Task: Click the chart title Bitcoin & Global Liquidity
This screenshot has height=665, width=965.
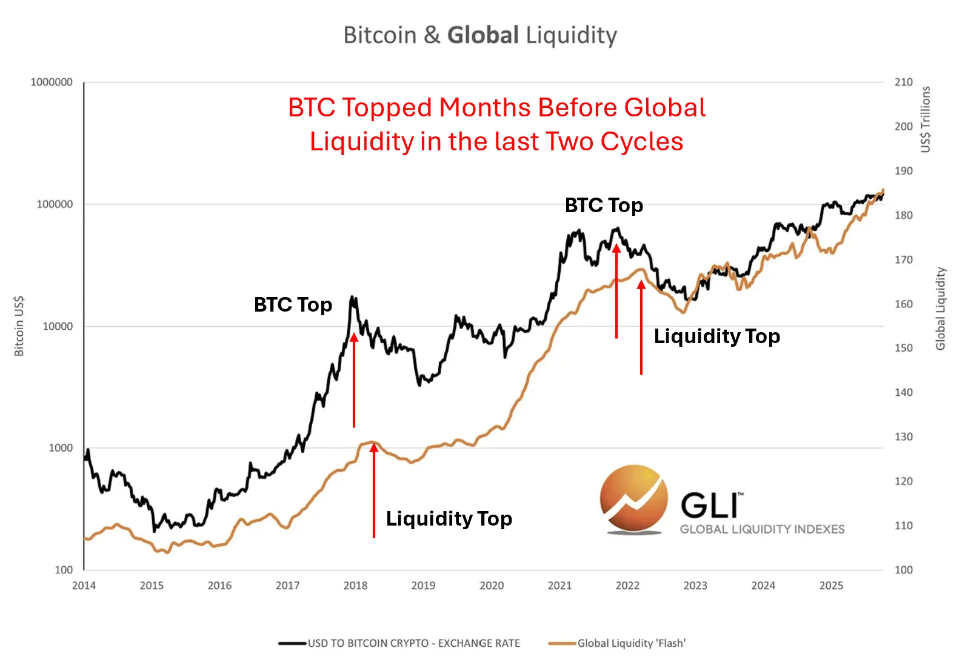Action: pyautogui.click(x=480, y=35)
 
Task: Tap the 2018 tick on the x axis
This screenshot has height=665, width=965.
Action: pyautogui.click(x=355, y=586)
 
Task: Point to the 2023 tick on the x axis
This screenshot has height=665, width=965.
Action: pyautogui.click(x=695, y=586)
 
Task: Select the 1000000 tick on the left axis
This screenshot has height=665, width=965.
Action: pyautogui.click(x=52, y=82)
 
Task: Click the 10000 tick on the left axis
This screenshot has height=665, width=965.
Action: pyautogui.click(x=58, y=326)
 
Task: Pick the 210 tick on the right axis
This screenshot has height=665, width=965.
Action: pyautogui.click(x=903, y=82)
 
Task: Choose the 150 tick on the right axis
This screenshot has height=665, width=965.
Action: pyautogui.click(x=903, y=348)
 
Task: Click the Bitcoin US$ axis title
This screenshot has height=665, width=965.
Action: pyautogui.click(x=19, y=326)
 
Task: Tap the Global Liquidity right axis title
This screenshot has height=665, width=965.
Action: pyautogui.click(x=940, y=309)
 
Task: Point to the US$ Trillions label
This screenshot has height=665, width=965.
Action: pyautogui.click(x=925, y=119)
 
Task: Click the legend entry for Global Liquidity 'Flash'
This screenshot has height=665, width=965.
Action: pyautogui.click(x=631, y=643)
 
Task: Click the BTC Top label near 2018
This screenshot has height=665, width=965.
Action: pyautogui.click(x=293, y=304)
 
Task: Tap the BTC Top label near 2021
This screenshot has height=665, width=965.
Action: pyautogui.click(x=604, y=206)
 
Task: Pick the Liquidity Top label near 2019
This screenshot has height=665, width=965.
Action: pyautogui.click(x=449, y=518)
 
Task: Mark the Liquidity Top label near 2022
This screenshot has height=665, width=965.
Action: pyautogui.click(x=716, y=336)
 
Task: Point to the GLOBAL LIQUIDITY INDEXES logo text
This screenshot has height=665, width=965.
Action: pyautogui.click(x=762, y=529)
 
